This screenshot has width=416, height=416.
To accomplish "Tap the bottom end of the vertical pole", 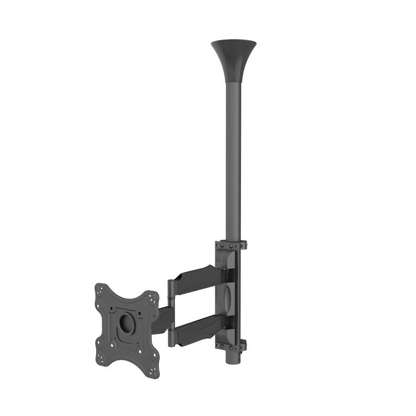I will [233, 359].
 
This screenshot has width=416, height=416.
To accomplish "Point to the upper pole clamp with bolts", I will [231, 245].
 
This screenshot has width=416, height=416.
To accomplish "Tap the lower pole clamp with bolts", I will [231, 345].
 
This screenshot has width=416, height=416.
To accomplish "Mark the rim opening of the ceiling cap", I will [233, 42].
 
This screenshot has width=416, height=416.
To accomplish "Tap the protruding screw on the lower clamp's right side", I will [245, 345].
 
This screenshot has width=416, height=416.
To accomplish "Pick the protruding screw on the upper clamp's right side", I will [245, 244].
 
